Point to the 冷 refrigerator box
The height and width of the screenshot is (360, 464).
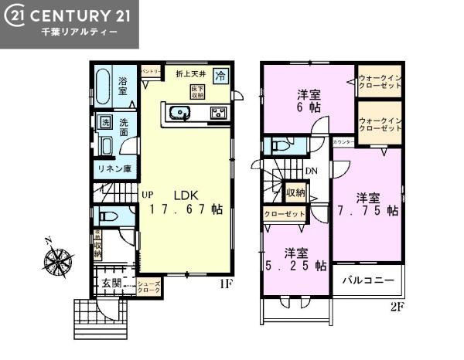coord(220,76)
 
